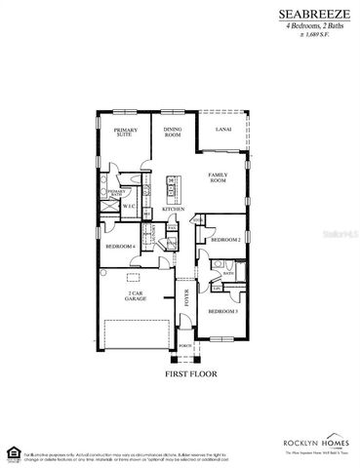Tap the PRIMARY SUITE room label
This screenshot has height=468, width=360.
pyautogui.click(x=126, y=134)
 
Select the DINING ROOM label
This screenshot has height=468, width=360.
pyautogui.click(x=173, y=134)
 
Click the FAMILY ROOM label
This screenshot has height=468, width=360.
pyautogui.click(x=217, y=177)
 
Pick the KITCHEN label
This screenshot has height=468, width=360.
pyautogui.click(x=174, y=210)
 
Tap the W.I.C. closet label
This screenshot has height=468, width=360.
pyautogui.click(x=128, y=205)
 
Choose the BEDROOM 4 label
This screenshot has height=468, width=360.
pyautogui.click(x=121, y=248)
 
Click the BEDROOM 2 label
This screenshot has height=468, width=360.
pyautogui.click(x=225, y=239)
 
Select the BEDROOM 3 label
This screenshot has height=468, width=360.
pyautogui.click(x=222, y=311)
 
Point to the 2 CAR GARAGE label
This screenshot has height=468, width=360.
pyautogui.click(x=137, y=295)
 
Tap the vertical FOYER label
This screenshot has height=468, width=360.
pyautogui.click(x=187, y=297)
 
